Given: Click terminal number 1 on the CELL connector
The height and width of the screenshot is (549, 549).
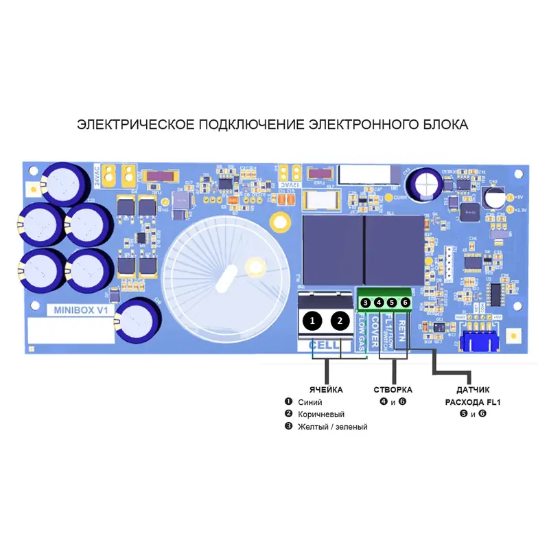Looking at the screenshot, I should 312,320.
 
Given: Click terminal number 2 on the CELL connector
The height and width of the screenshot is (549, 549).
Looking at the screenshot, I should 339,320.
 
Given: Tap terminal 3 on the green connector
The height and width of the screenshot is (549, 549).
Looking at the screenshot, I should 366,303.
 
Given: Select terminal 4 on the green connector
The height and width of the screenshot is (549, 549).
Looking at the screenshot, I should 379,303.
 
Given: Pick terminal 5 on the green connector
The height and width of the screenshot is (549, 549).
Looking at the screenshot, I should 392,303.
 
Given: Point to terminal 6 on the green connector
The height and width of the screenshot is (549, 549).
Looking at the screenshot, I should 405,303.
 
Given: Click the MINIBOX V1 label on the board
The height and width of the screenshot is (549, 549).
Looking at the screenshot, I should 81,310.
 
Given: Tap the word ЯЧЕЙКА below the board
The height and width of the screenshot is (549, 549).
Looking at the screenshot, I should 326,390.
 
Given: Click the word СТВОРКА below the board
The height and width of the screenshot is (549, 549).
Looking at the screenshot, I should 393,390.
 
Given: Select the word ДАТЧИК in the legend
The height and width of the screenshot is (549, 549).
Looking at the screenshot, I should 473,390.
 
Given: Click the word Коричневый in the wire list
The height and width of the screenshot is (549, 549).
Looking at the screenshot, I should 320,414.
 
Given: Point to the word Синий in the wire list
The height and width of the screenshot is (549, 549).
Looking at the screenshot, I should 309,402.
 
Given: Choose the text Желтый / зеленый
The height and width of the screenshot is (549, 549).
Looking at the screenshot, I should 332,427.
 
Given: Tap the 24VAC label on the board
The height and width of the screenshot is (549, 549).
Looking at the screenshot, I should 97,174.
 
